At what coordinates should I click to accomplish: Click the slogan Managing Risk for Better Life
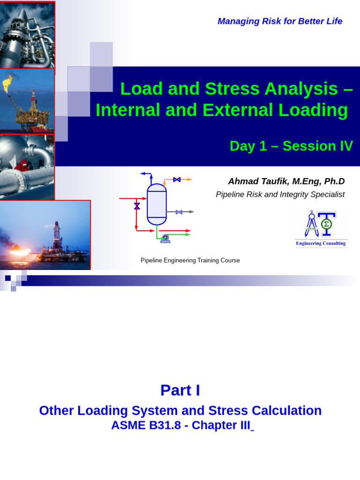(x=280, y=21)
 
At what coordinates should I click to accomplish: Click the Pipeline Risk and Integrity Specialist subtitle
(x=280, y=195)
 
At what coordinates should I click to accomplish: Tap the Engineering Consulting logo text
(x=321, y=244)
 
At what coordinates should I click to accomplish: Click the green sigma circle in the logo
(x=326, y=225)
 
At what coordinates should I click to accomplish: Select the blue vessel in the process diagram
(x=157, y=204)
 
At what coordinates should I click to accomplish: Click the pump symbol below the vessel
(x=165, y=239)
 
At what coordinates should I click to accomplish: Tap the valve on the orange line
(x=177, y=180)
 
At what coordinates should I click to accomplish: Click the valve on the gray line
(x=179, y=212)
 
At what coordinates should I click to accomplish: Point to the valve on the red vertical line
(x=137, y=206)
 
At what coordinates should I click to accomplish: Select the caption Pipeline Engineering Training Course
(x=190, y=261)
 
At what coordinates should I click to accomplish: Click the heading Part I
(x=180, y=390)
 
